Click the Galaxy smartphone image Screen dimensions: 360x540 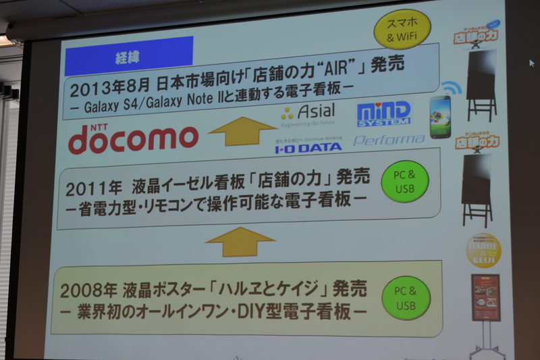(x=440, y=117)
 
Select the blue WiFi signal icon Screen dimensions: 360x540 (x=452, y=88)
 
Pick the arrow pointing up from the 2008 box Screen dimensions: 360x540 (x=240, y=241)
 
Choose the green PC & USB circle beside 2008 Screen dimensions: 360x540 (x=406, y=298)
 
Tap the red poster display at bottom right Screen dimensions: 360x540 (x=485, y=298)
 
